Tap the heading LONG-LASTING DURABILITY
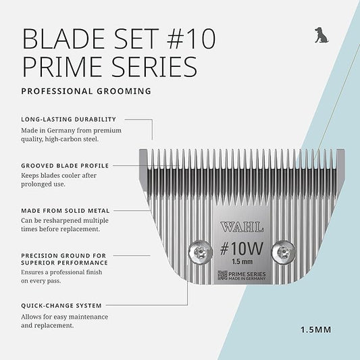click(69, 119)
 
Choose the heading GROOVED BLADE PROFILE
click(65, 165)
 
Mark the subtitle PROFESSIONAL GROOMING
click(86, 91)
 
